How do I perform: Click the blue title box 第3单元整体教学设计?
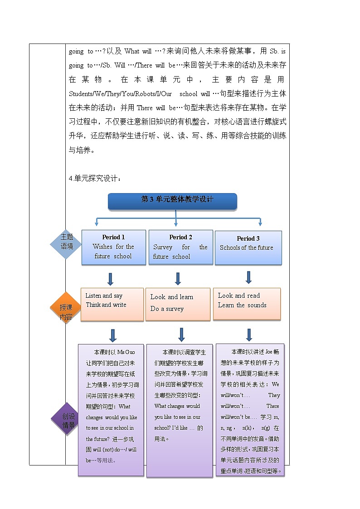click(x=173, y=200)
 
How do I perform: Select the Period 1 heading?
click(x=113, y=237)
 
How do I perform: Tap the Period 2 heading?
click(x=180, y=237)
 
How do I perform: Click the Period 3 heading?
click(x=248, y=238)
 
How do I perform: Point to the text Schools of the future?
click(x=246, y=248)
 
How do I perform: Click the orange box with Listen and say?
click(x=112, y=304)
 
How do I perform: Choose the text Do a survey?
click(x=167, y=309)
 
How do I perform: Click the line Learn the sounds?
click(x=242, y=305)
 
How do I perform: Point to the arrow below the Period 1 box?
click(x=110, y=279)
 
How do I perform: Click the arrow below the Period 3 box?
click(x=248, y=277)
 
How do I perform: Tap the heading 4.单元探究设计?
click(x=95, y=179)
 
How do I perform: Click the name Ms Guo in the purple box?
click(x=126, y=352)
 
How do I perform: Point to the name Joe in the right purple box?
click(x=268, y=352)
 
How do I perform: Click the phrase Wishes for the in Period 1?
click(x=113, y=247)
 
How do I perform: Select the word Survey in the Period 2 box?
click(x=162, y=247)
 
